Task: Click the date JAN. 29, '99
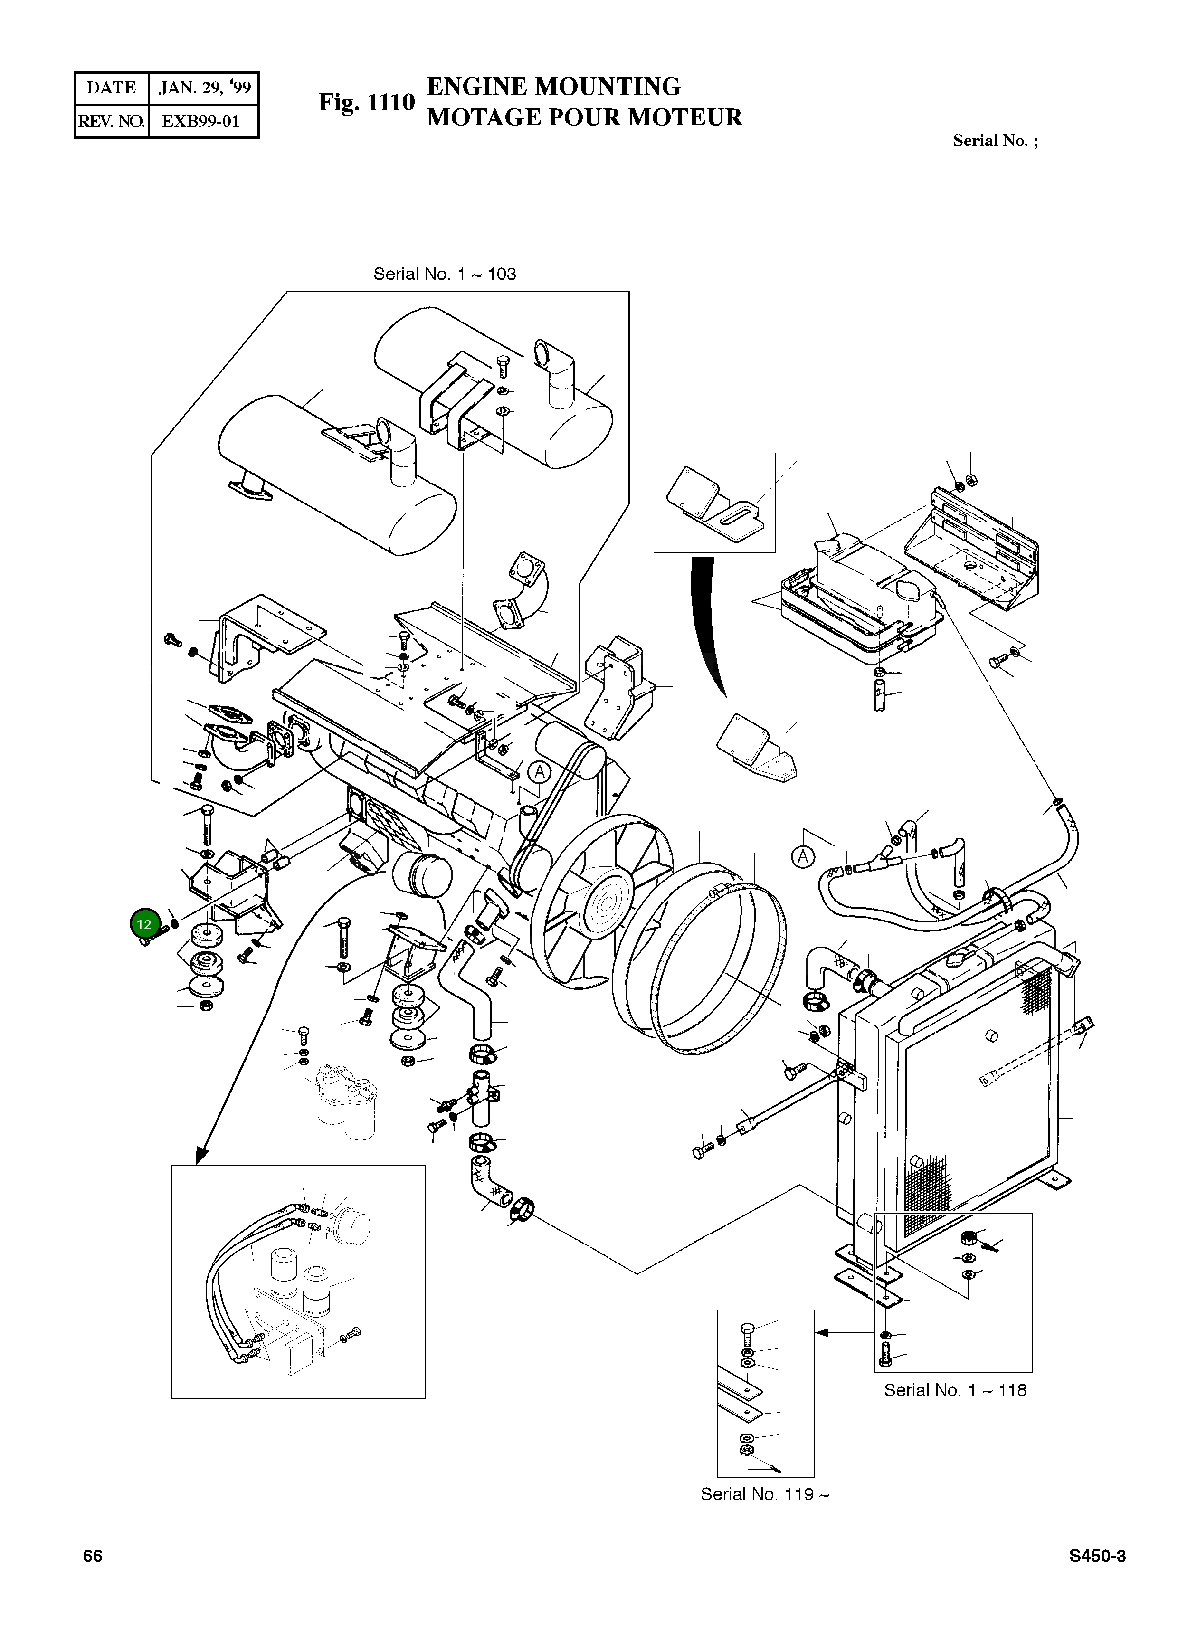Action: click(204, 88)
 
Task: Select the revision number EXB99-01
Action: click(201, 121)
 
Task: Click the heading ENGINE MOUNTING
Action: click(553, 86)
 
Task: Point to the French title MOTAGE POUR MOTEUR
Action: click(584, 117)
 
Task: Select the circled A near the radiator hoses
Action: click(802, 857)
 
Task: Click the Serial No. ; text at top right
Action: click(995, 141)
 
